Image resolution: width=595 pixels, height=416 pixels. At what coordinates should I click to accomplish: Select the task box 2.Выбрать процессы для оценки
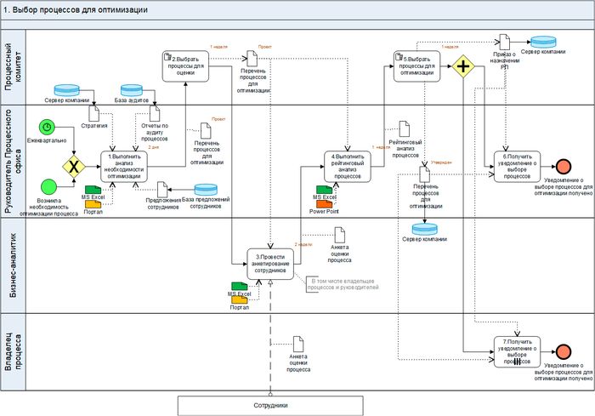(x=184, y=65)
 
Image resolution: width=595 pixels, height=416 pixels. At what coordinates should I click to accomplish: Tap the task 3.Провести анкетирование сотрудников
(x=271, y=263)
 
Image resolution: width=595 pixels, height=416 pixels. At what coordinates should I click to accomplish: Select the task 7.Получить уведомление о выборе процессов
(x=517, y=350)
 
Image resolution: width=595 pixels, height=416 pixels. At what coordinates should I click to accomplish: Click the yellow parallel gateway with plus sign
(x=463, y=66)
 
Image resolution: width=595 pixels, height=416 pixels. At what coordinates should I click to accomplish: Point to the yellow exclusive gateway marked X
(x=74, y=164)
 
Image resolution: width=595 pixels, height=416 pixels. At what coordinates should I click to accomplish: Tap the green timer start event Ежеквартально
(x=48, y=126)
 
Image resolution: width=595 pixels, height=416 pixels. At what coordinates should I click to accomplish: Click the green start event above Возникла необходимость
(x=48, y=188)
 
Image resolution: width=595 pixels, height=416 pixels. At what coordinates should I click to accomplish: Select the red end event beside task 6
(x=563, y=165)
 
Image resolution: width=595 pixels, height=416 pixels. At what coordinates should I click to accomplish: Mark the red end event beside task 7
(x=563, y=351)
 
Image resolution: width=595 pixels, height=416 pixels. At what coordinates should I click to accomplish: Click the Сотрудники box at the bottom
(x=270, y=405)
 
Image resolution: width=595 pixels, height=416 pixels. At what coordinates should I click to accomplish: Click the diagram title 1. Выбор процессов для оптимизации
(x=76, y=9)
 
